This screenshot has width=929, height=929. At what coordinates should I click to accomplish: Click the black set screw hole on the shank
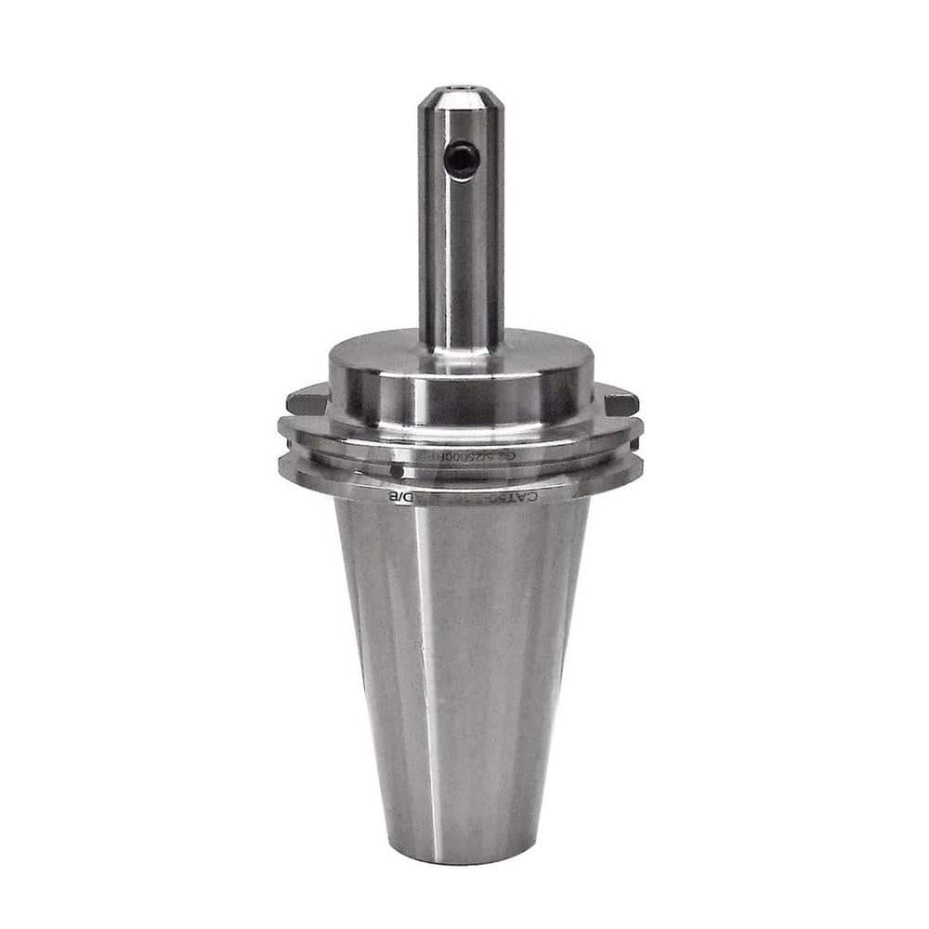coord(461,160)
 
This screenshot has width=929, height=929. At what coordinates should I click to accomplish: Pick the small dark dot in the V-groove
coord(397,470)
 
